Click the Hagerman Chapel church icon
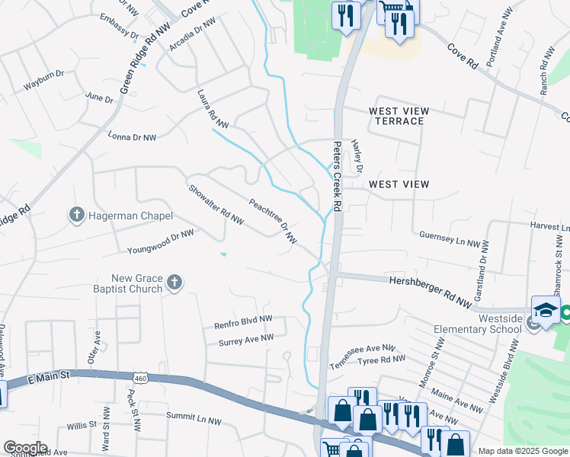click(x=76, y=216)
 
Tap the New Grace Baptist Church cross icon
click(x=175, y=283)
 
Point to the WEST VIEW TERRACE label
click(x=396, y=116)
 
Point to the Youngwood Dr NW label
click(x=161, y=241)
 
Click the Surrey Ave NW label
click(x=245, y=338)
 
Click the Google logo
click(x=25, y=448)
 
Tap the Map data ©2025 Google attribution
click(x=522, y=451)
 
